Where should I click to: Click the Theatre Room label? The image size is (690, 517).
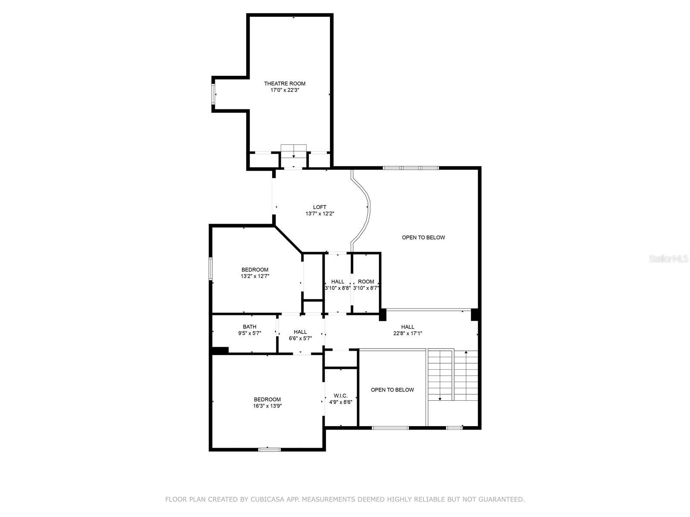[x=285, y=84]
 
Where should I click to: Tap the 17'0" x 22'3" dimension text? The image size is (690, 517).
[x=285, y=90]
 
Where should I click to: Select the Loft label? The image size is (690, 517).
[x=320, y=207]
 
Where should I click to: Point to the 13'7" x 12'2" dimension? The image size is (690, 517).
[x=320, y=214]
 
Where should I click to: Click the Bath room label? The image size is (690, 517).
[x=249, y=327]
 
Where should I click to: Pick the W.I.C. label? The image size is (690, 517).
[x=340, y=396]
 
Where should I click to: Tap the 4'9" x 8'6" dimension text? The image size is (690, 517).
[x=340, y=402]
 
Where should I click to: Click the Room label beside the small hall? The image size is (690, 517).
[x=366, y=282]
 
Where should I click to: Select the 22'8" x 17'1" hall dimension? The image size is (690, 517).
[x=408, y=333]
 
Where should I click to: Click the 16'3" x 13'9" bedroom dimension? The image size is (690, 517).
[x=267, y=406]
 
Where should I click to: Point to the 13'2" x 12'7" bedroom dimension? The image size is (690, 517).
[x=254, y=276]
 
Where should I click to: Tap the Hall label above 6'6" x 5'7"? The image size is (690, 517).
[x=300, y=332]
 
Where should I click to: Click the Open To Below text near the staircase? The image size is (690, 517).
[x=392, y=390]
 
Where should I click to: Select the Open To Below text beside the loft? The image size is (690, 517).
[x=423, y=238]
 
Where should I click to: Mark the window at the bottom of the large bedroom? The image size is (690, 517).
[x=270, y=450]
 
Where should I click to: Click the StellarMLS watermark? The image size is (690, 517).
[x=668, y=258]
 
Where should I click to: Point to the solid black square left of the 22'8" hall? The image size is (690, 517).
[x=382, y=315]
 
